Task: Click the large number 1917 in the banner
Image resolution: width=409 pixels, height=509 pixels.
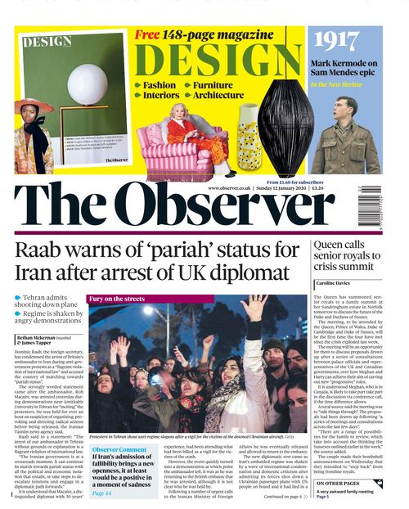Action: click(346, 42)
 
